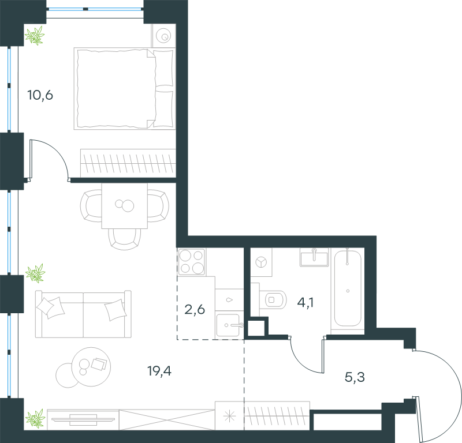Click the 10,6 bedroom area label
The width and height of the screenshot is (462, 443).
40,95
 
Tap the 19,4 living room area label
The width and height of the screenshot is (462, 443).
159,371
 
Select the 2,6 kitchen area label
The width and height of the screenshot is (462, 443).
195,310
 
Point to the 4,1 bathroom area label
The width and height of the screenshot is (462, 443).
305,303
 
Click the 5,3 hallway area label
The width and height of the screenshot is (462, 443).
355,377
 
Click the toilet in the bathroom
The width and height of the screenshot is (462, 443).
273,300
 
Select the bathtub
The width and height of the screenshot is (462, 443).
348,288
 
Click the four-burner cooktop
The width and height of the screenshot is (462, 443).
192,262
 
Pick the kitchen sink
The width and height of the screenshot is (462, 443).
228,325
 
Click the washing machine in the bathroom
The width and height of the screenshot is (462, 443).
261,262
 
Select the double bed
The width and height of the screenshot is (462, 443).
125,89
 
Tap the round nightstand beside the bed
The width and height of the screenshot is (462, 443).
163,36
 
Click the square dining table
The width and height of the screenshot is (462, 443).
125,206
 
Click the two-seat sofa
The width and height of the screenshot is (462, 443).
83,314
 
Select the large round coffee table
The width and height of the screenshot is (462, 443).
91,367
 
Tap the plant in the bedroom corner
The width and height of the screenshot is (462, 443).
35,36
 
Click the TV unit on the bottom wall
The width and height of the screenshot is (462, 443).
83,419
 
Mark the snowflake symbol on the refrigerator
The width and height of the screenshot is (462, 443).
229,416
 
